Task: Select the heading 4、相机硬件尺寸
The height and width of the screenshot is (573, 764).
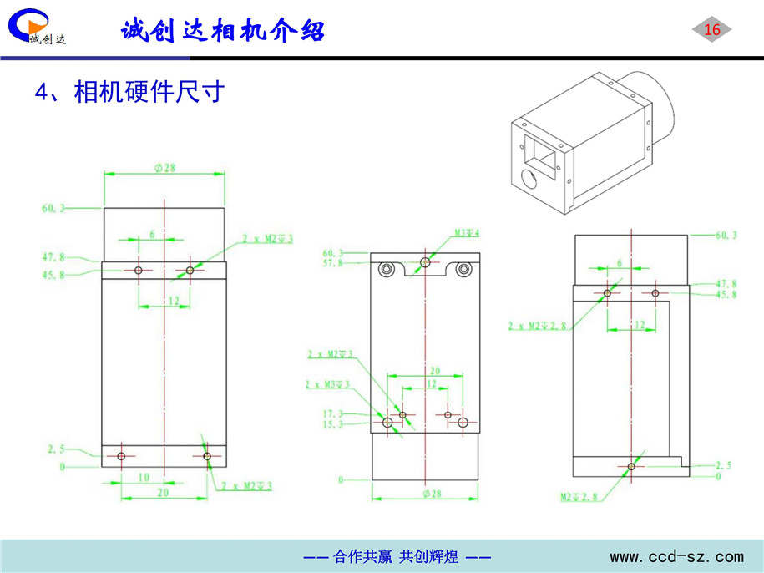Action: (x=129, y=91)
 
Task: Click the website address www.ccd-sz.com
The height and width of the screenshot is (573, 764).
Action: (x=676, y=556)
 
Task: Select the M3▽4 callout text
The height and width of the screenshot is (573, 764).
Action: (x=467, y=233)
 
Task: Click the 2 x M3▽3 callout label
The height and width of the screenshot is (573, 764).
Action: (x=327, y=384)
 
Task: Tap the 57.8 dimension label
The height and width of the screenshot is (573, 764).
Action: (x=332, y=263)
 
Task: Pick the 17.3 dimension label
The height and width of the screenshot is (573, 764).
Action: (x=332, y=413)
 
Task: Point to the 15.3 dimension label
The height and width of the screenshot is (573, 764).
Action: (x=332, y=424)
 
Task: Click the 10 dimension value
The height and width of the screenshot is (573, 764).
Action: (x=144, y=477)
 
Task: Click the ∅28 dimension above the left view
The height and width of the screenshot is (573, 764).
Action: (x=164, y=168)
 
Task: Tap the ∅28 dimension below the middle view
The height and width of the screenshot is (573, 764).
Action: (x=426, y=494)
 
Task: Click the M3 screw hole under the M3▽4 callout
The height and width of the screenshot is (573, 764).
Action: (x=426, y=262)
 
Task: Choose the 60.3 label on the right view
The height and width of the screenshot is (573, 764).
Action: (x=726, y=236)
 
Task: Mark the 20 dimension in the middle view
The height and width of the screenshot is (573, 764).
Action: (x=434, y=370)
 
